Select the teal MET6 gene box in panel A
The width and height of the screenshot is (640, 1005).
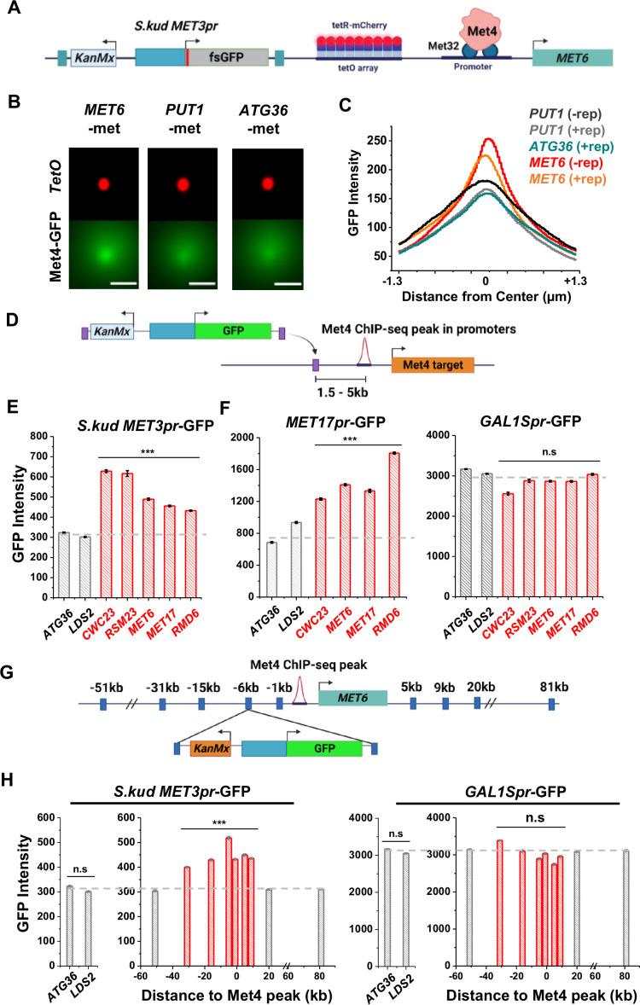pyautogui.click(x=573, y=58)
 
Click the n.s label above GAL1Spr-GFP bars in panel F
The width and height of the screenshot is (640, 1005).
pyautogui.click(x=553, y=450)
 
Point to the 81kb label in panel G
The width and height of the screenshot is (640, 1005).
pyautogui.click(x=550, y=684)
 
